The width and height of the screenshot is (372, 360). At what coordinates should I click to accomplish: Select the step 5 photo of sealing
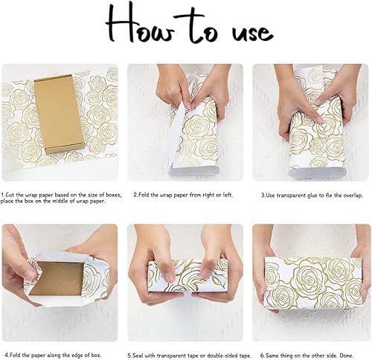click(x=185, y=279)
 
